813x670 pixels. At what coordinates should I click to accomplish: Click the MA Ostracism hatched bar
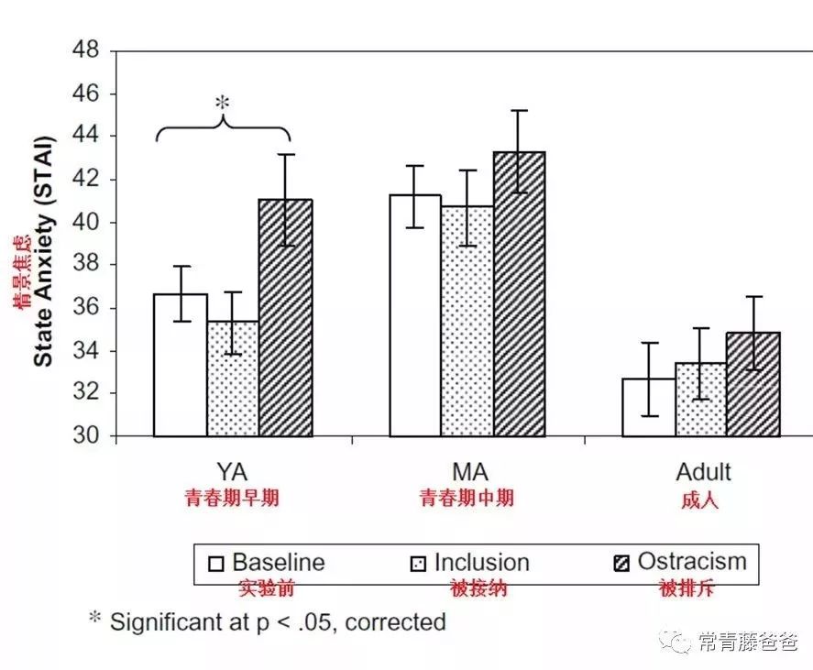[519, 294]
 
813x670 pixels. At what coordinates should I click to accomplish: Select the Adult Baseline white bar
[649, 407]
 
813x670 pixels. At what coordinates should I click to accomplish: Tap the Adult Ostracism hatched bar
[753, 384]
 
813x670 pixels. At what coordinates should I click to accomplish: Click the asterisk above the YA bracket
[222, 104]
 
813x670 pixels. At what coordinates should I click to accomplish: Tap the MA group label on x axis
[469, 472]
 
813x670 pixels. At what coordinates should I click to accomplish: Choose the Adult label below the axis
[703, 472]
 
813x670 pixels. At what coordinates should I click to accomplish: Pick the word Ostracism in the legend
[692, 561]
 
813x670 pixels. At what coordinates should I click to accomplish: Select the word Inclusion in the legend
[481, 562]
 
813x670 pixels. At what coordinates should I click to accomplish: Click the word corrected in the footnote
[389, 622]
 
